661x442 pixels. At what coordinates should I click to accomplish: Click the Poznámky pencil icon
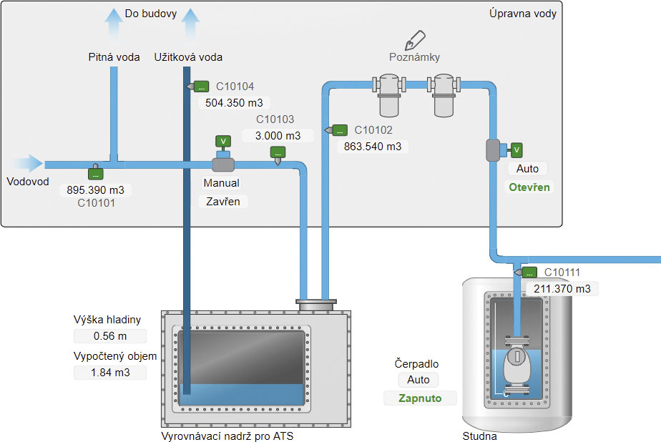point(414,40)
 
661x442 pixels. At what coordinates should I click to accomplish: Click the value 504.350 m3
point(234,102)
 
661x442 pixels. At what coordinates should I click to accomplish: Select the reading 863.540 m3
point(373,147)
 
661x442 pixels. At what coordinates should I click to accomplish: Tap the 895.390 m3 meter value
point(95,190)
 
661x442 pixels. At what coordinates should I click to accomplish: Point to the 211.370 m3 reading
point(562,288)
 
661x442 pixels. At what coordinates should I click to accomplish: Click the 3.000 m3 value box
point(278,135)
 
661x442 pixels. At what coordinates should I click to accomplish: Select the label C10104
point(235,87)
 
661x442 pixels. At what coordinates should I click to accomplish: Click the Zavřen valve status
point(223,201)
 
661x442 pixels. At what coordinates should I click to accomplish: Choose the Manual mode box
point(222,183)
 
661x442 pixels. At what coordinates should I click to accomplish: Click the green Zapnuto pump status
point(420,398)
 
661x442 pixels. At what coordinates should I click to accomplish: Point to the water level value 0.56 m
point(110,336)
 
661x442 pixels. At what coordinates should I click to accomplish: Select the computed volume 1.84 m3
point(110,372)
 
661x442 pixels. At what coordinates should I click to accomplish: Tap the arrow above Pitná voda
point(113,22)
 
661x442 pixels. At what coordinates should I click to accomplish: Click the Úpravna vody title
point(522,13)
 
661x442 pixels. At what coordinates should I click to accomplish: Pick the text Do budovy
point(150,13)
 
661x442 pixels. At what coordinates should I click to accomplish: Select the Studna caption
point(479,436)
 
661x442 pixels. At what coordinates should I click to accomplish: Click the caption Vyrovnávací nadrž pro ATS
point(227,436)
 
